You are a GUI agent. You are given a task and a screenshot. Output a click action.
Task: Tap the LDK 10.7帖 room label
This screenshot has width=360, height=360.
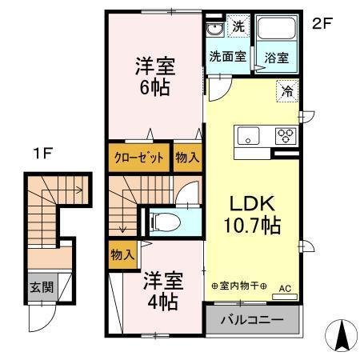click(250, 215)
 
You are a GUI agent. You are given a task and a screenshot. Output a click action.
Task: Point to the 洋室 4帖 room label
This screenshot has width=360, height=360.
click(162, 291)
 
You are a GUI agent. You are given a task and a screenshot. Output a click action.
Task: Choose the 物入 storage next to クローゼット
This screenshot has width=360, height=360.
click(187, 158)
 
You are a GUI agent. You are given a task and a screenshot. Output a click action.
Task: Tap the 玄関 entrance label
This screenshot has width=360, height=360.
click(41, 286)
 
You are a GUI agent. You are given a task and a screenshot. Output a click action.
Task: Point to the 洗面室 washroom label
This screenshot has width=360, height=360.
click(226, 57)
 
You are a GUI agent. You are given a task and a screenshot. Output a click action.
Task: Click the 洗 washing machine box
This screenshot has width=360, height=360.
click(238, 26)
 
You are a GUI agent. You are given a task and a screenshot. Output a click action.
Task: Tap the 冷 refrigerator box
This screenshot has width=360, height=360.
click(286, 91)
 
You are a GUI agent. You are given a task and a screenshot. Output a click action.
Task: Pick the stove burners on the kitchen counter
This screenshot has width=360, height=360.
click(284, 135)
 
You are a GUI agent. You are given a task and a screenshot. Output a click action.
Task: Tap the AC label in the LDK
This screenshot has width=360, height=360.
click(284, 289)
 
